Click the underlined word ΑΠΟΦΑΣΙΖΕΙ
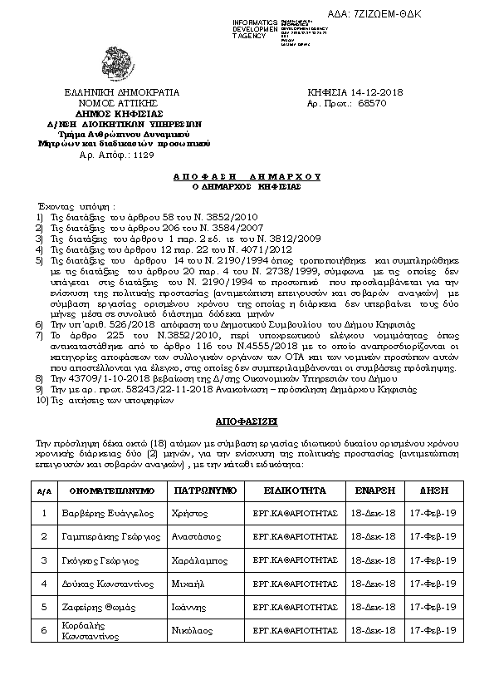(x=247, y=422)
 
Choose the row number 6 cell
(x=44, y=631)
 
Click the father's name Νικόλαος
(x=192, y=631)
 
